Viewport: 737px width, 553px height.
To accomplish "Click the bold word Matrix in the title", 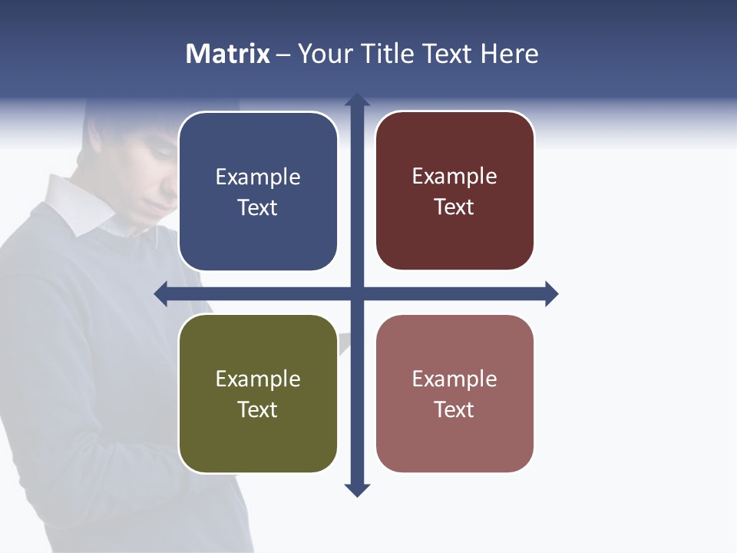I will (227, 54).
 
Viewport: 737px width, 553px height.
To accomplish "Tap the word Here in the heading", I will (509, 54).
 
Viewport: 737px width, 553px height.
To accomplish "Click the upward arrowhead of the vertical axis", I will (357, 100).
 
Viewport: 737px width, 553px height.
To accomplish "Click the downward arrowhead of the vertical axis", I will (357, 490).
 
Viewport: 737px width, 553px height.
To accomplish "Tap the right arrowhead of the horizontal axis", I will (551, 293).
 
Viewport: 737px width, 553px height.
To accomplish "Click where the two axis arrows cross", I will (357, 293).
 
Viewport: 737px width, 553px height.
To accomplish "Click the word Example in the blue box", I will (258, 177).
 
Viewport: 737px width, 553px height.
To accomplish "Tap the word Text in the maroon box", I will (454, 207).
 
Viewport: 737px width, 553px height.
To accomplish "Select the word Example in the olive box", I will (258, 379).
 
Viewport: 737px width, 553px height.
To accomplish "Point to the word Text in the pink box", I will (454, 410).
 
